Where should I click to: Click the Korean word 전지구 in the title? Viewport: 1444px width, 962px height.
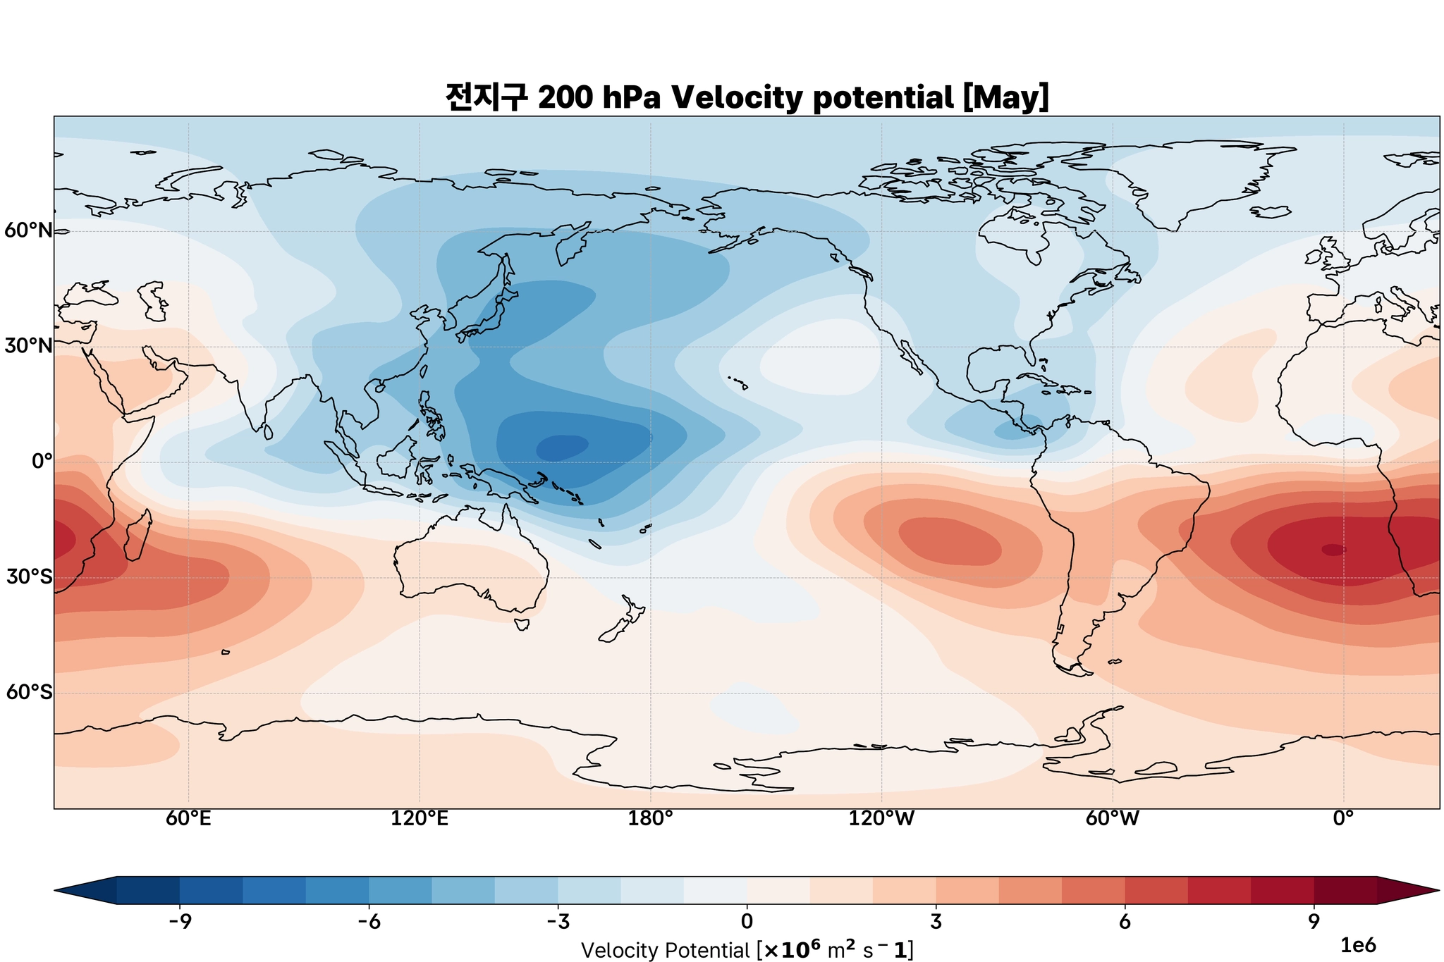click(x=486, y=98)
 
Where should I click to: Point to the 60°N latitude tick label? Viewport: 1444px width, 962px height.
click(x=29, y=230)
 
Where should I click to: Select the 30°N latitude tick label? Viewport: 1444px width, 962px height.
click(x=29, y=346)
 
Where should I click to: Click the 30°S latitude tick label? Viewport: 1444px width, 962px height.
click(x=29, y=577)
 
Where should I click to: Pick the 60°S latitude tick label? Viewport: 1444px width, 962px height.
click(x=29, y=693)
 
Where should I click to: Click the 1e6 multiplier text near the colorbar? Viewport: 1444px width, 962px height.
click(x=1357, y=945)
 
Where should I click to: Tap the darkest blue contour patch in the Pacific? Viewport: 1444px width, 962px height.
click(x=562, y=447)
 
